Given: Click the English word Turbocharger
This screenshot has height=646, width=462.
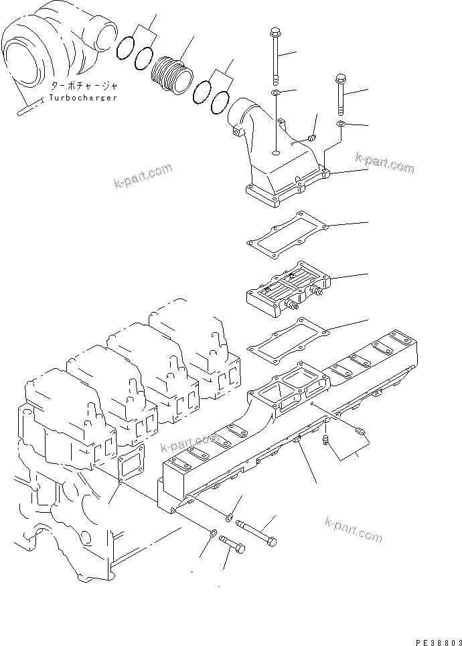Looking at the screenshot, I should point(82,98).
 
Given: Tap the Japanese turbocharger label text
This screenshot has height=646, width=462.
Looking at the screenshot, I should point(82,86).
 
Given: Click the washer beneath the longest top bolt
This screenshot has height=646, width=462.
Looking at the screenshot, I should point(277,92).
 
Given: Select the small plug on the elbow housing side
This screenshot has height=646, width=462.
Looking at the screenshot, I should point(311,138).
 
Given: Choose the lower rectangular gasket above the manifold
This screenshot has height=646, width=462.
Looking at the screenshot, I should point(291,337).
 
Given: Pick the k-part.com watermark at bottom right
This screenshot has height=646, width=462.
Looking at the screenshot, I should point(353,529).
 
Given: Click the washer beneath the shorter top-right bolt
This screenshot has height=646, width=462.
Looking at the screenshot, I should point(341,125).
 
